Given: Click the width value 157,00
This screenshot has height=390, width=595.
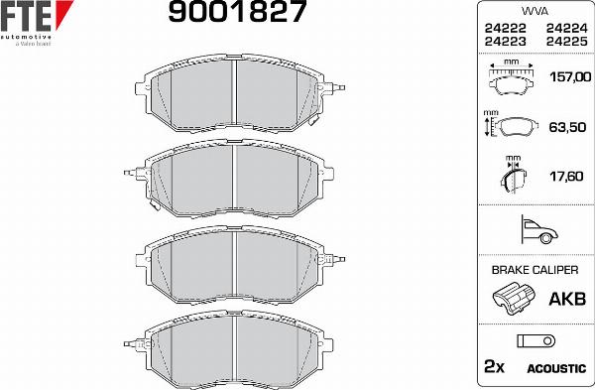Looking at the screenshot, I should (567, 75).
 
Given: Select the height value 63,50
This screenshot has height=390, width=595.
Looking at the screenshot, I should (569, 127).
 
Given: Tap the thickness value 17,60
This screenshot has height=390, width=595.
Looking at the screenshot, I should (569, 178).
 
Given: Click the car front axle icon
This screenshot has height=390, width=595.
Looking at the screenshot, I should (535, 231).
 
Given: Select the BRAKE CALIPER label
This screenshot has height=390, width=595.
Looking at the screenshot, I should (535, 269).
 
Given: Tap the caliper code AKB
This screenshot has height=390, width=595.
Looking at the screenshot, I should (566, 298).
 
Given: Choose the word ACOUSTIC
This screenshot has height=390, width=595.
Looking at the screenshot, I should (555, 368).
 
